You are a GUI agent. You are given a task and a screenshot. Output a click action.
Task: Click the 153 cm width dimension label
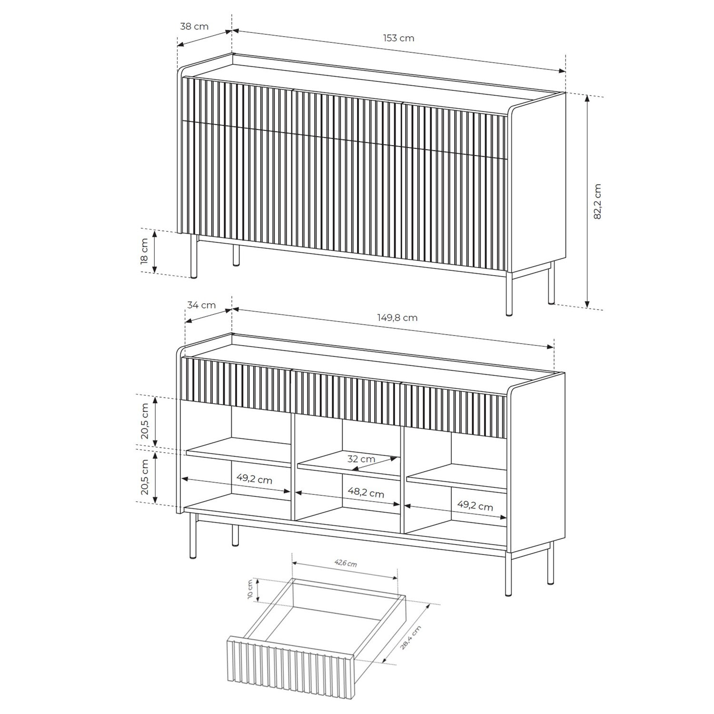tap(398, 38)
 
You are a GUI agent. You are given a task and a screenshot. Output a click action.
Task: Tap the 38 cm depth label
tap(194, 27)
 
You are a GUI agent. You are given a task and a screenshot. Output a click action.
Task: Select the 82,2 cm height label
tap(598, 201)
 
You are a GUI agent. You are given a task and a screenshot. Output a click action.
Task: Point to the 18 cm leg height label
tap(145, 251)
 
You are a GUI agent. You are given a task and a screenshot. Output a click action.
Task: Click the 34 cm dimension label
tap(201, 305)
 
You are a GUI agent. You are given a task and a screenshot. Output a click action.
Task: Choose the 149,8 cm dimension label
tap(398, 317)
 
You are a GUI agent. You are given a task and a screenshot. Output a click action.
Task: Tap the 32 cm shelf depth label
tap(361, 459)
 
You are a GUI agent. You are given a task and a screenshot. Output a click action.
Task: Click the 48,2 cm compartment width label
tap(365, 493)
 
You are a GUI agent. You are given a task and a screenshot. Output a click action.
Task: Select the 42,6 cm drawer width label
tap(345, 564)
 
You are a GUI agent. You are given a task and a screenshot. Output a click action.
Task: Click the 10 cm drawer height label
tap(250, 590)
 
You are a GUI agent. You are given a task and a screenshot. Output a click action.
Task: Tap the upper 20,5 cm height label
tap(145, 421)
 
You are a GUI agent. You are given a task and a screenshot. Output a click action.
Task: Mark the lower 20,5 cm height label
tap(145, 477)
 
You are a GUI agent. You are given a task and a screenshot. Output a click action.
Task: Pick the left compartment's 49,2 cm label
tap(254, 479)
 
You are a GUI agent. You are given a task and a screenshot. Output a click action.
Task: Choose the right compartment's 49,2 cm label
tap(475, 506)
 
